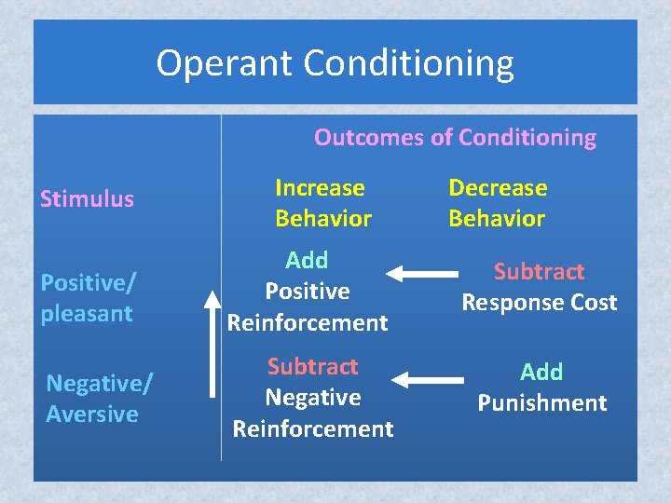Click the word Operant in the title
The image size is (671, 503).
pos(225,64)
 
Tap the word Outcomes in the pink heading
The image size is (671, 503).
pos(368,138)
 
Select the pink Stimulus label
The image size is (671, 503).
pos(87,198)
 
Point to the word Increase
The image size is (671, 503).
pos(320,187)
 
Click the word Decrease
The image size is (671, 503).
pos(498,187)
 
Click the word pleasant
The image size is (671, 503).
pos(86,313)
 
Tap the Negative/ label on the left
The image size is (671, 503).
pos(99,382)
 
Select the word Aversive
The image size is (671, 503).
pos(91,414)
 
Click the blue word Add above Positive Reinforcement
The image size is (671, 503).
pos(307,260)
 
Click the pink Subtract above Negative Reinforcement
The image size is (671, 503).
pos(312,366)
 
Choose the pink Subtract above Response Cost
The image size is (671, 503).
pos(539,271)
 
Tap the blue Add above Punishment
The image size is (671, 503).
pos(541,372)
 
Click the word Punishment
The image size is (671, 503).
pos(541,403)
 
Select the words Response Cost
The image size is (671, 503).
pos(540,303)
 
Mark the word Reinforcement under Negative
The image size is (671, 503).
pos(313,429)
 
